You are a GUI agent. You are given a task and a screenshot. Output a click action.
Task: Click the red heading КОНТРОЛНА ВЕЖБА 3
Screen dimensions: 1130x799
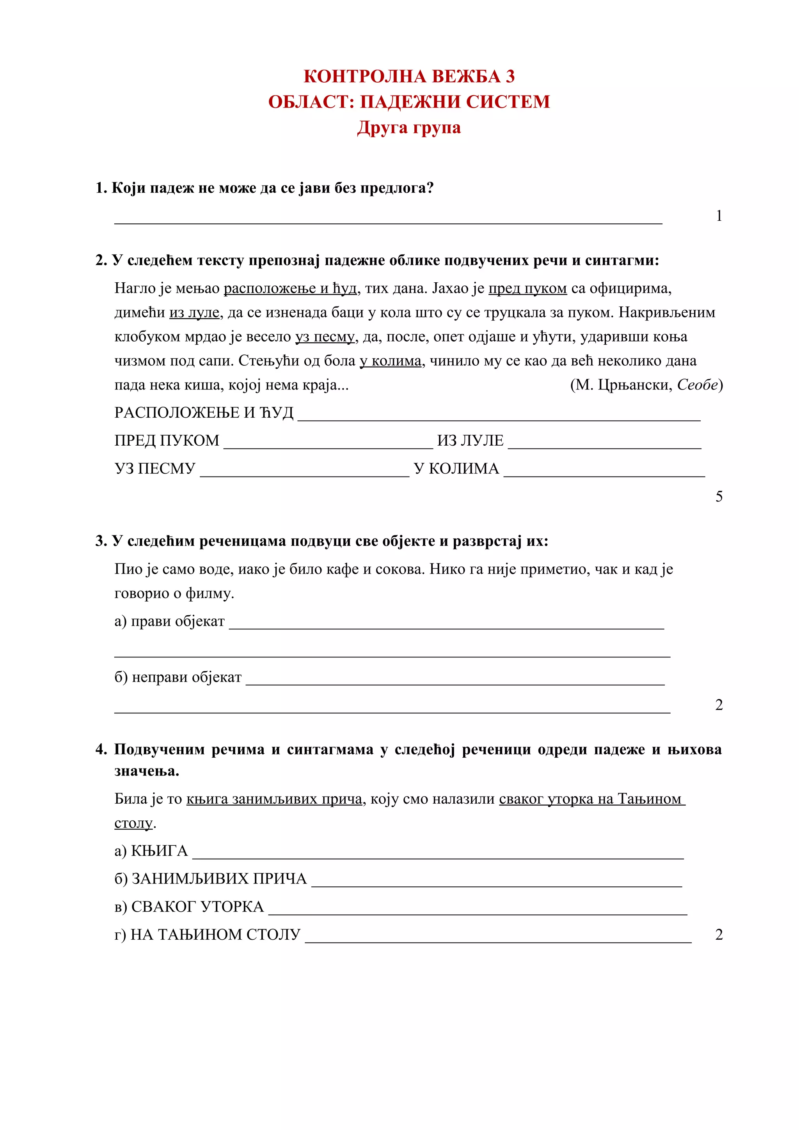click(x=408, y=76)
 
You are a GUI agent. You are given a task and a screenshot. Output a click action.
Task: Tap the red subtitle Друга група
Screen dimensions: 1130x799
click(x=408, y=128)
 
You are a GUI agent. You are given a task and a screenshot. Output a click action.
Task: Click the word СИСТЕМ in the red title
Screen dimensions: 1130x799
click(x=507, y=102)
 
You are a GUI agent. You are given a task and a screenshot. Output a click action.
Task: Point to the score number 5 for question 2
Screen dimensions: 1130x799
click(x=718, y=496)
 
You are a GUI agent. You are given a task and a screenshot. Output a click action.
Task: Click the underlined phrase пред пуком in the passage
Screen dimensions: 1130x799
click(x=527, y=289)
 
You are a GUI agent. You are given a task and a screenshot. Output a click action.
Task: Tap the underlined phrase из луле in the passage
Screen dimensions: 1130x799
click(x=194, y=312)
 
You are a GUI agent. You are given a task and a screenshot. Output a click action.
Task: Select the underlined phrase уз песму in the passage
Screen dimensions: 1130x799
click(x=325, y=337)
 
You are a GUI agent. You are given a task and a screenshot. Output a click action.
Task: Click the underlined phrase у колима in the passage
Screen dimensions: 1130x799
click(x=391, y=361)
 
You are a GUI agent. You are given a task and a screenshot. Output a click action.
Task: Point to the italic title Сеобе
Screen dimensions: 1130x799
click(x=697, y=385)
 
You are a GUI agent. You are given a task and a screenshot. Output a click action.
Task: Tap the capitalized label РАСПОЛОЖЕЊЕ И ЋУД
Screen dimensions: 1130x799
click(x=204, y=413)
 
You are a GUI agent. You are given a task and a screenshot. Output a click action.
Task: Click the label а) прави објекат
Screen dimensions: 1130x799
click(x=169, y=621)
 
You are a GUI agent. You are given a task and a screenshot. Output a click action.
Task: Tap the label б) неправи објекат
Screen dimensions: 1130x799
click(x=178, y=677)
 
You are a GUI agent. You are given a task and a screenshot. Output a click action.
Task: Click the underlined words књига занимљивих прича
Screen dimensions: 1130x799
click(x=274, y=799)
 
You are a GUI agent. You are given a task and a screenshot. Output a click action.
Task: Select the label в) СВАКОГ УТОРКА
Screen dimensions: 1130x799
click(x=189, y=907)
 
